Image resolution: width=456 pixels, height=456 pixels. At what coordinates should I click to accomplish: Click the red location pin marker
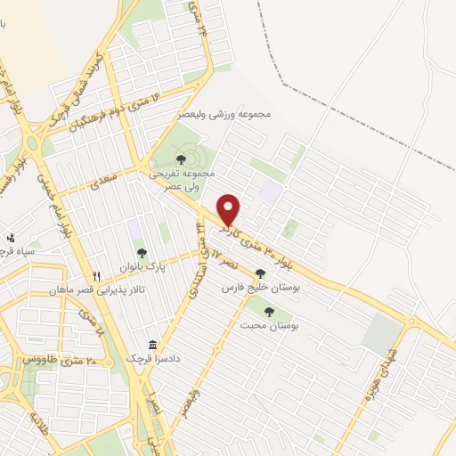click(230, 210)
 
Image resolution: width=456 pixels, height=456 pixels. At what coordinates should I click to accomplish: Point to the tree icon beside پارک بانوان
click(142, 254)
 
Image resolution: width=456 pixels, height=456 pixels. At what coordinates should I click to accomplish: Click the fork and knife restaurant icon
click(98, 276)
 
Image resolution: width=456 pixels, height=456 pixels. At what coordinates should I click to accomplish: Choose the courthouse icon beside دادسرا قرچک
click(153, 344)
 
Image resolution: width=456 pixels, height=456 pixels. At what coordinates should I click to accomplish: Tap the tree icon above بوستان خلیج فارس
click(260, 274)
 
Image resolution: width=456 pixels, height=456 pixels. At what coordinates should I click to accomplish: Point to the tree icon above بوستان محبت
click(269, 312)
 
